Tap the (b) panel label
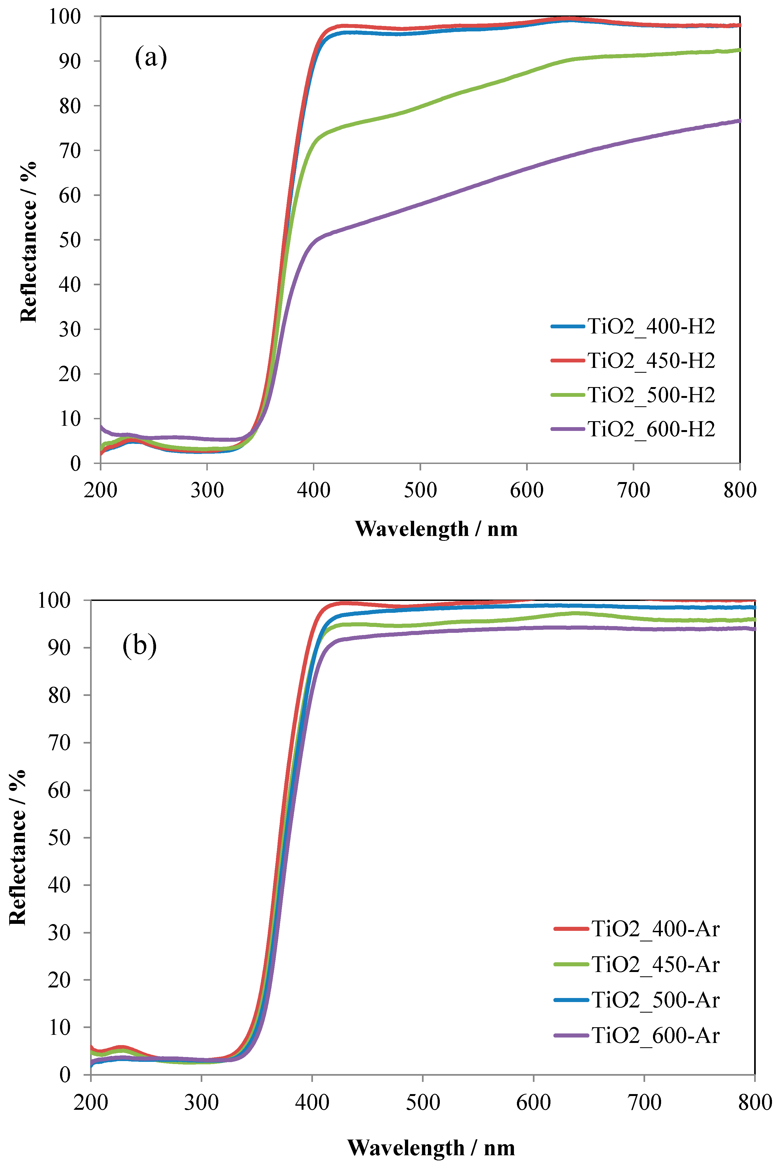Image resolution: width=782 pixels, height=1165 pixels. (140, 646)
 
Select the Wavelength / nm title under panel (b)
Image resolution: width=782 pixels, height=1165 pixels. (431, 1147)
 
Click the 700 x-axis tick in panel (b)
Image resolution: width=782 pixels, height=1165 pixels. (644, 1102)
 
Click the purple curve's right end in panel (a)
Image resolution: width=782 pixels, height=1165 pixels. (739, 121)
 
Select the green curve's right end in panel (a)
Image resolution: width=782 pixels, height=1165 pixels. (739, 50)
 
